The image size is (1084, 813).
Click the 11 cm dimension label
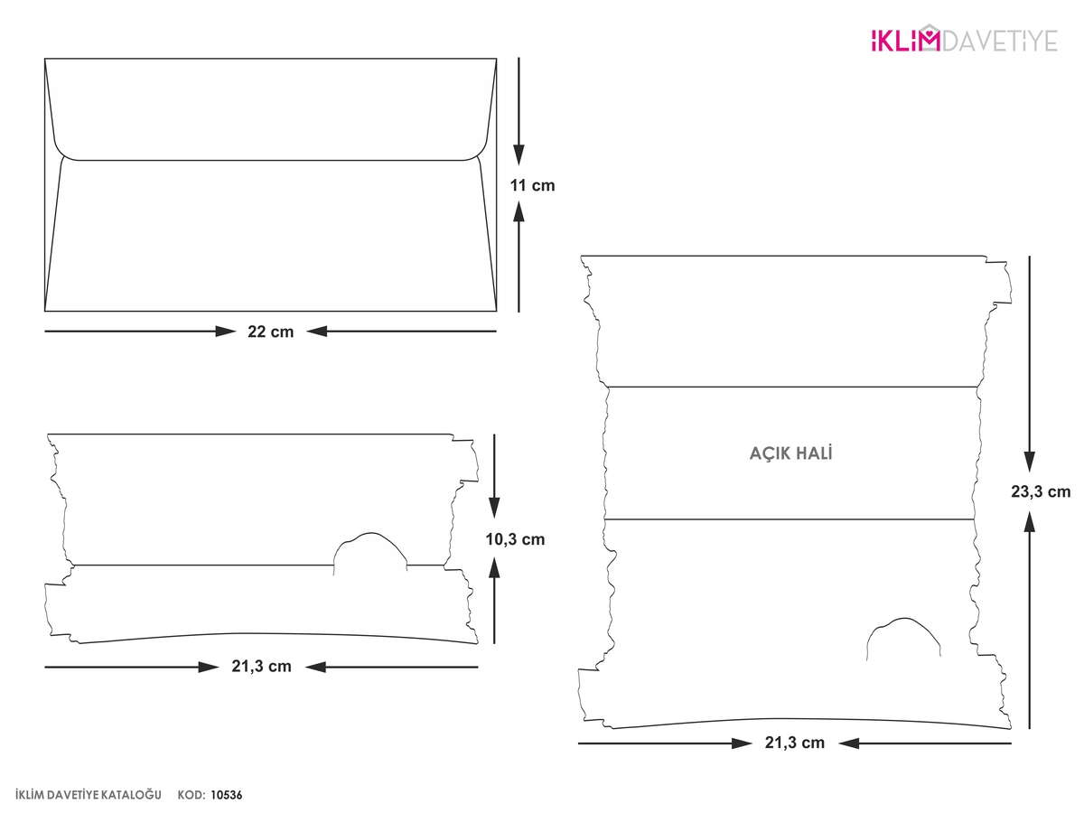coord(532,185)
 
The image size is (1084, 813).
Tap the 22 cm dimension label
coord(270,332)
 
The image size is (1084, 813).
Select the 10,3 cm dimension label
coord(515,539)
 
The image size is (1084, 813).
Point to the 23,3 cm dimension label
coord(1041,491)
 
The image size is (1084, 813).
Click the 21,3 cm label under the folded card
coord(261,666)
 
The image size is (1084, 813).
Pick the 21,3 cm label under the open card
coord(795,742)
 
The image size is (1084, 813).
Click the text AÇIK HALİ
coord(790,453)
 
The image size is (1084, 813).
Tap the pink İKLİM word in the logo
coord(905,40)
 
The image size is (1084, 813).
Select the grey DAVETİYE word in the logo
coord(1000,41)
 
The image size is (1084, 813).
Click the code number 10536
coord(226,795)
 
